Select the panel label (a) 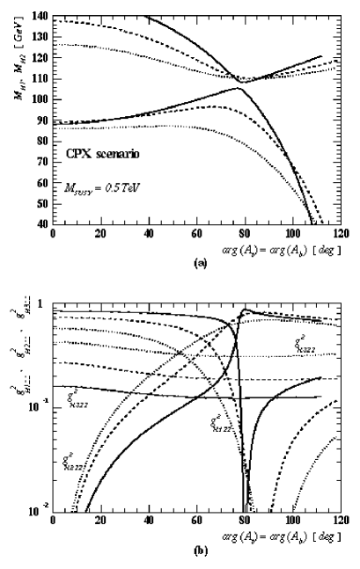pyautogui.click(x=206, y=261)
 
